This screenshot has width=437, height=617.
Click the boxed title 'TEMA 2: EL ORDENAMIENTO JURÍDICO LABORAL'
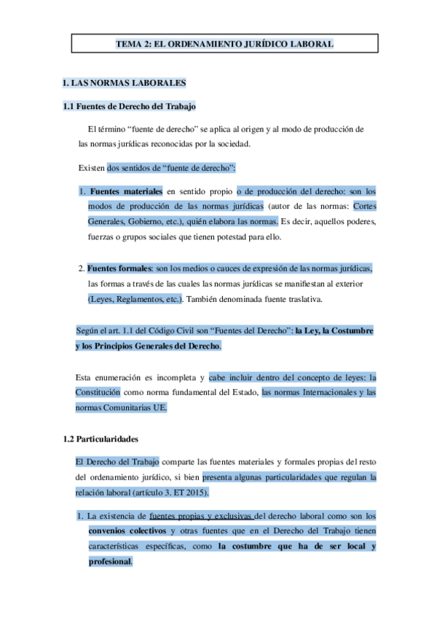(224, 44)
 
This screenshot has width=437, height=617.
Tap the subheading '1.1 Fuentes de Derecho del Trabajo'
(130, 108)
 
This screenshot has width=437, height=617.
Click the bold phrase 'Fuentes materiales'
(125, 191)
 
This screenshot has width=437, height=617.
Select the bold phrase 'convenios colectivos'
(127, 530)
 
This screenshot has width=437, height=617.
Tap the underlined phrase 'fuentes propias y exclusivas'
(205, 516)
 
